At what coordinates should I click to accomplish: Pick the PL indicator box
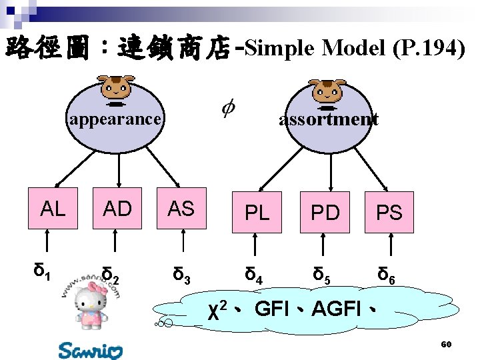pos(257,213)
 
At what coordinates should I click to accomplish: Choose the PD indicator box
pos(325,213)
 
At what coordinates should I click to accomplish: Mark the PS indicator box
pos(389,213)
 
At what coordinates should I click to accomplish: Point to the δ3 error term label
pos(181,273)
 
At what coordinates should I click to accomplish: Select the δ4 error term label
pos(253,273)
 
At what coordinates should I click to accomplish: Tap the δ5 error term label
pos(322,273)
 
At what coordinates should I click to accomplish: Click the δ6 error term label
pos(387,274)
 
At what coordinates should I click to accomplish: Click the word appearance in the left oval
pos(115,119)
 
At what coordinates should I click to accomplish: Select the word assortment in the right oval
pos(329,119)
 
